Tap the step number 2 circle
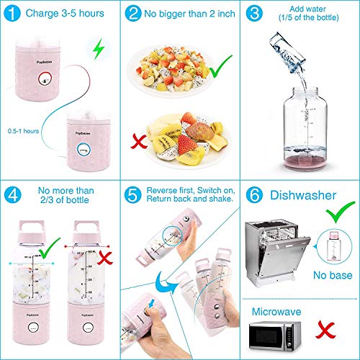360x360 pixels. [133, 14]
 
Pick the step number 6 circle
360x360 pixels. [253, 195]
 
